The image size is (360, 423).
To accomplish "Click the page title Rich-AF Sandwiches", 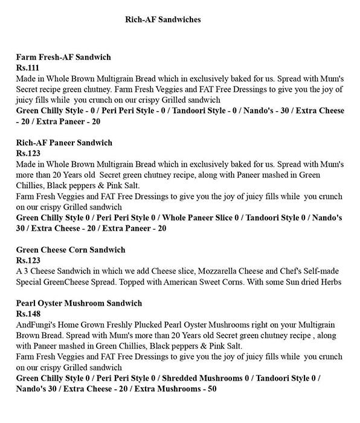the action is pyautogui.click(x=162, y=19).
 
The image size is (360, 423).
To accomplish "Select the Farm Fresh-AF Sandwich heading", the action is pyautogui.click(x=63, y=57).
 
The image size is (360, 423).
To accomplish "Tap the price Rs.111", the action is pyautogui.click(x=27, y=68).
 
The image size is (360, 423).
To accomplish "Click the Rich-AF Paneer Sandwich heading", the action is pyautogui.click(x=64, y=143).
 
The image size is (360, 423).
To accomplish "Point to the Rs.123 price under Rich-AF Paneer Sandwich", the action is pyautogui.click(x=27, y=153).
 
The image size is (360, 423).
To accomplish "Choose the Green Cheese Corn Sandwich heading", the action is pyautogui.click(x=71, y=250).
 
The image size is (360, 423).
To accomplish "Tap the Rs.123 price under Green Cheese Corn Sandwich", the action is pyautogui.click(x=27, y=260).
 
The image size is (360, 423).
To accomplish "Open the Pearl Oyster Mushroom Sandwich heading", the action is pyautogui.click(x=79, y=303).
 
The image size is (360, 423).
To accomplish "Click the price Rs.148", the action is pyautogui.click(x=27, y=314).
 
